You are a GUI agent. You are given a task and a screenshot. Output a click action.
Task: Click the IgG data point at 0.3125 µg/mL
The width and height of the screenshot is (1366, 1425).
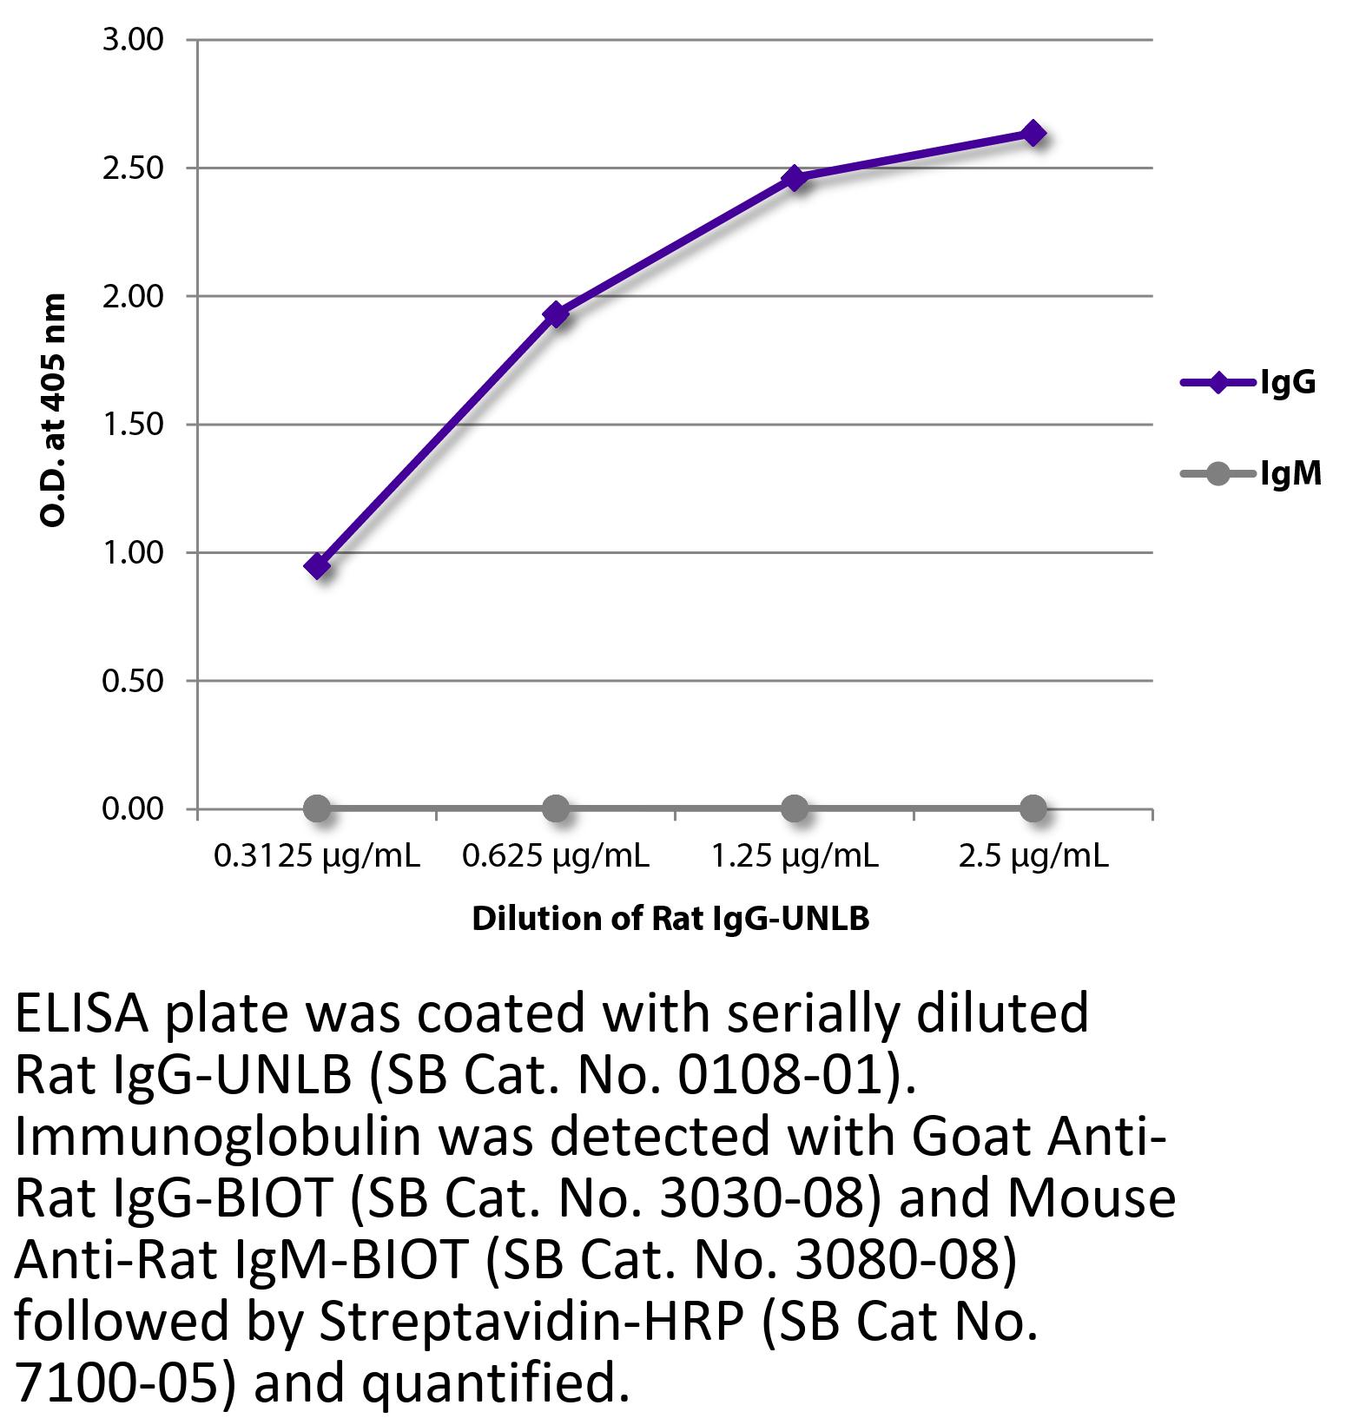(317, 566)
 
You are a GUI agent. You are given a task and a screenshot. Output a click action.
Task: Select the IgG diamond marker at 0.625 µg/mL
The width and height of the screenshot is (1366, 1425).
(556, 313)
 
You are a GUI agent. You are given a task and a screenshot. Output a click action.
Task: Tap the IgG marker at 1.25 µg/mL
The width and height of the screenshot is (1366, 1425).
(794, 178)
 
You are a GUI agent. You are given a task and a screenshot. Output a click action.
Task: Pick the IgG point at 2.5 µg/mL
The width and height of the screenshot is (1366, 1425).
(1033, 133)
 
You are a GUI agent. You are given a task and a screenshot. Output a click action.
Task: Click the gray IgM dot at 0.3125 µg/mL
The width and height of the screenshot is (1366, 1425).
(317, 809)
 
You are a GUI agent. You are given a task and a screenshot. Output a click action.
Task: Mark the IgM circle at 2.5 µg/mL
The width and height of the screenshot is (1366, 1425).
(1033, 809)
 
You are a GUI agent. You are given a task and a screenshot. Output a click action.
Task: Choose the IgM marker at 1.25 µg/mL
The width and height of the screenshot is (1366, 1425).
(794, 809)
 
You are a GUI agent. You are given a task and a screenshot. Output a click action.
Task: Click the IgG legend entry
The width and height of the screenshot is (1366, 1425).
(1250, 382)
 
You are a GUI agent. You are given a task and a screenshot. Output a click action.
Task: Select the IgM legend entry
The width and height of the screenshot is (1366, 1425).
(1251, 473)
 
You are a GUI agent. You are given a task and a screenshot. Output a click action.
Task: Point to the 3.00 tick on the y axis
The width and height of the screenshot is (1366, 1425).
(133, 40)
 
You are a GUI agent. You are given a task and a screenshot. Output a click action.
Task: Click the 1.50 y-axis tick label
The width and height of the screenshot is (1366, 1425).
(133, 425)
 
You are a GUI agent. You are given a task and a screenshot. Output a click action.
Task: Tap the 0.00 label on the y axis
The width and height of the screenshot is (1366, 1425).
(133, 809)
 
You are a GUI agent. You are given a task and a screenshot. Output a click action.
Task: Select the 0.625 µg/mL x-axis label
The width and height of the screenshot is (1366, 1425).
(556, 857)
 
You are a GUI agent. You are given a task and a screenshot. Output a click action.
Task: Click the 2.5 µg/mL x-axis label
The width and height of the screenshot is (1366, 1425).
(1033, 857)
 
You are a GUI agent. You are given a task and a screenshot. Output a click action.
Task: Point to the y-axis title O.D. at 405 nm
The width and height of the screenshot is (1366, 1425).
(54, 410)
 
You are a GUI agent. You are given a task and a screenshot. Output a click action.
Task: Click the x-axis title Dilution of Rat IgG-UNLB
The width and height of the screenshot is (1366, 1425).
(670, 918)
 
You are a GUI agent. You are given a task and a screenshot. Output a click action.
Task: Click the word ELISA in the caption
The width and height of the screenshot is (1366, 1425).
(82, 1013)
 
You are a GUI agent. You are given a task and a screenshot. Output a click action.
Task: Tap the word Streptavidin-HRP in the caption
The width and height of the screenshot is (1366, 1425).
(531, 1321)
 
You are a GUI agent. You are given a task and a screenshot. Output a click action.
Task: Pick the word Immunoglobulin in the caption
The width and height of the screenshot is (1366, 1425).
(217, 1137)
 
